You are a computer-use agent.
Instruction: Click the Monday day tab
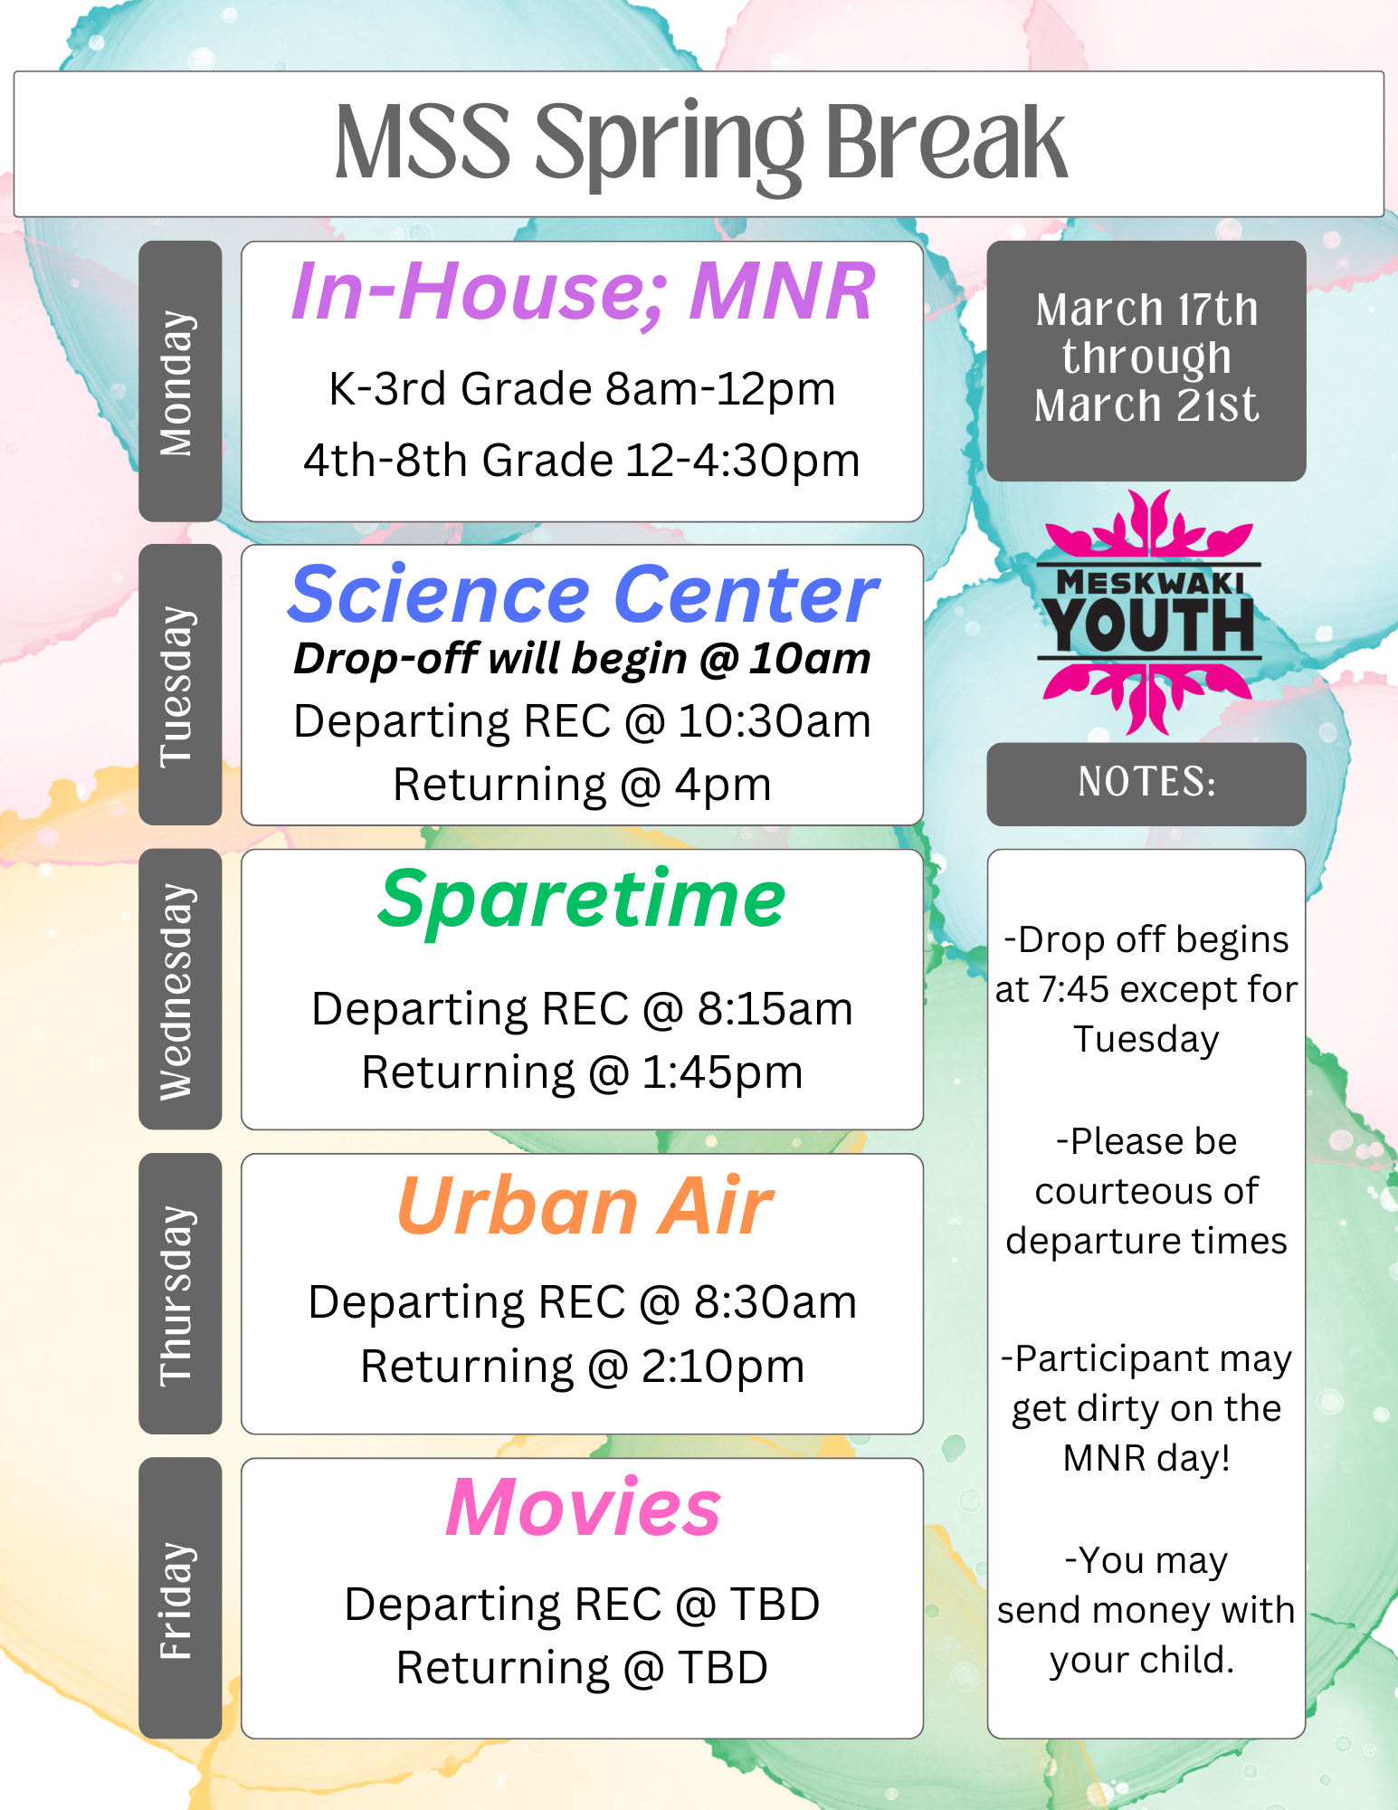[x=180, y=381]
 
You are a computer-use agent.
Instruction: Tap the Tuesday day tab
[x=180, y=684]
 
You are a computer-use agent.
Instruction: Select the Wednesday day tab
[x=180, y=989]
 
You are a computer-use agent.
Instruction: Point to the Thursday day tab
[x=180, y=1293]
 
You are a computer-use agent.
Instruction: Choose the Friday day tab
[x=180, y=1597]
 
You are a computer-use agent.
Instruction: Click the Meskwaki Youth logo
[x=1148, y=613]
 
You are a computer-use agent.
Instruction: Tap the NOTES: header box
[x=1146, y=784]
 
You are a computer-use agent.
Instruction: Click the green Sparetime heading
[x=582, y=900]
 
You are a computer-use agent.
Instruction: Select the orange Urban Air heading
[x=585, y=1205]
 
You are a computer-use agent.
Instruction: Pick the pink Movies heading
[x=584, y=1508]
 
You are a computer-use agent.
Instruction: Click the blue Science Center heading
[x=584, y=594]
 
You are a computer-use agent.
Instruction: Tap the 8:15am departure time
[x=775, y=1009]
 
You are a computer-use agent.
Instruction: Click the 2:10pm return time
[x=723, y=1367]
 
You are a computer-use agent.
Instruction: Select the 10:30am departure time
[x=775, y=722]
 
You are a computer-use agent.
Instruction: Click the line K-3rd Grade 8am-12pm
[x=582, y=390]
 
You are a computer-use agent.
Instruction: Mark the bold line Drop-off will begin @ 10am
[x=582, y=659]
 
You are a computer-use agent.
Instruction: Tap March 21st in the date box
[x=1146, y=405]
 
